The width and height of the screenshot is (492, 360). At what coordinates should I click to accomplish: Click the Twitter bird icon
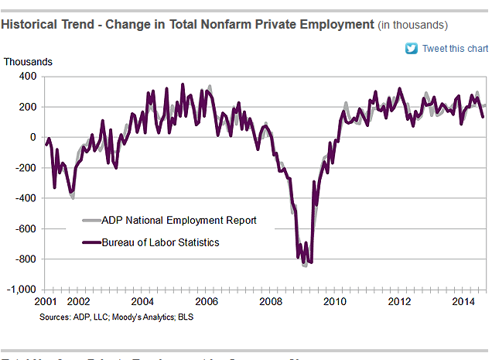tap(412, 49)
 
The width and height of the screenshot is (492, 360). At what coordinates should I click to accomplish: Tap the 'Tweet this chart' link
tap(455, 49)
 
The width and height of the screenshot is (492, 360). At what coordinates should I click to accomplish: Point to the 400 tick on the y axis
tap(28, 77)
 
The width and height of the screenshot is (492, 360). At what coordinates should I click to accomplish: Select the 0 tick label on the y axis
tap(33, 138)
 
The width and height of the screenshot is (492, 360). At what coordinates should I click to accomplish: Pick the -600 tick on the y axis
tap(26, 229)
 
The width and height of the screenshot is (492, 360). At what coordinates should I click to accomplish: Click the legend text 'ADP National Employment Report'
tap(179, 221)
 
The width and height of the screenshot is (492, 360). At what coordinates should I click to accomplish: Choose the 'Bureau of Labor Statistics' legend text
tap(162, 242)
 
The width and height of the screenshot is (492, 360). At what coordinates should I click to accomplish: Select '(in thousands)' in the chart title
tap(413, 26)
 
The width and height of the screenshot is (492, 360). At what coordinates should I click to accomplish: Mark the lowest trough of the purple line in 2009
tap(310, 263)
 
